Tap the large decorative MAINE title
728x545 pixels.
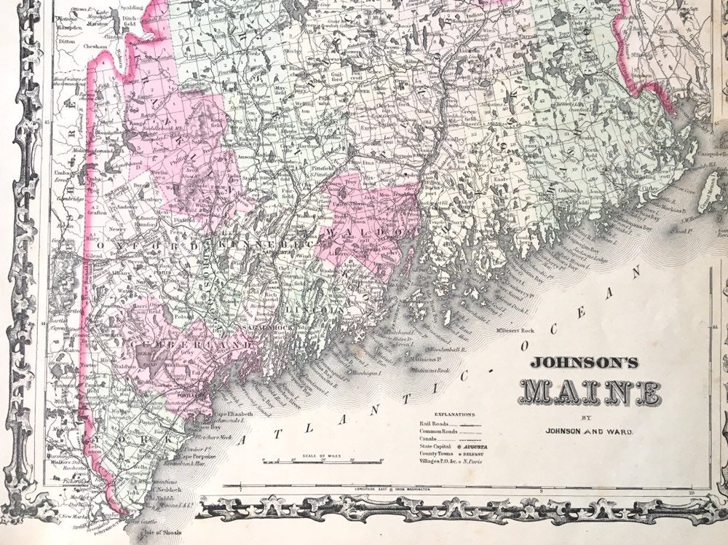(x=592, y=393)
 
